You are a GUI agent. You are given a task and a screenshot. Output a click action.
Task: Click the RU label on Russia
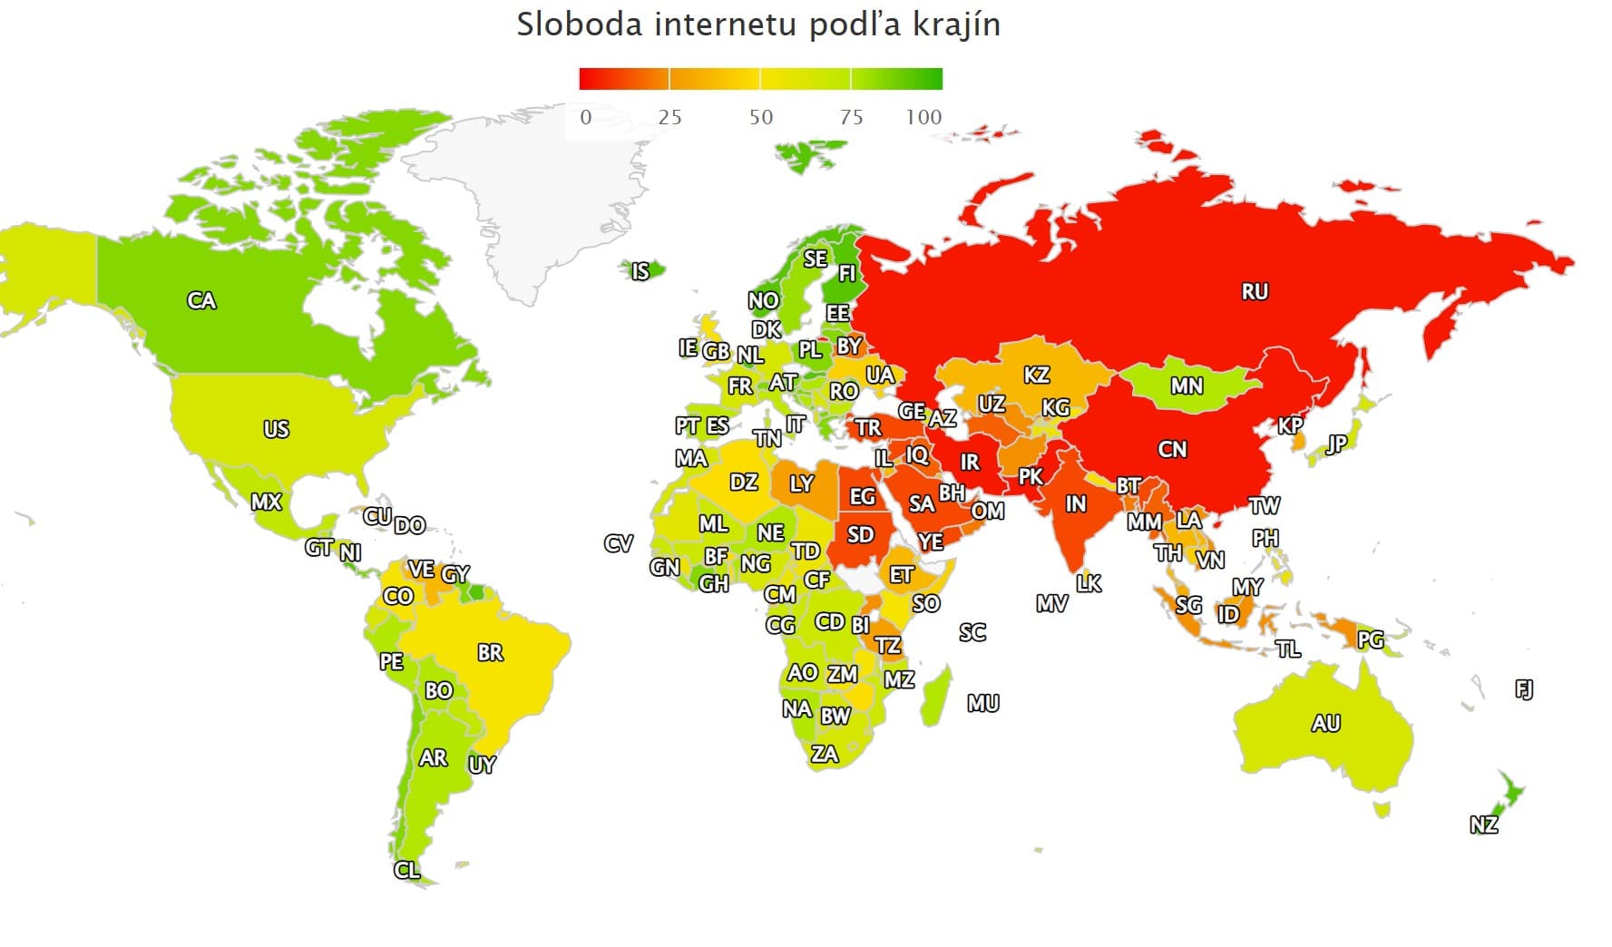pos(1255,291)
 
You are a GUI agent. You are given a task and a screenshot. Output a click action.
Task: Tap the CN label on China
pos(1172,449)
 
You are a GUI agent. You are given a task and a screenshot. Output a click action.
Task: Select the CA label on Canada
pos(201,300)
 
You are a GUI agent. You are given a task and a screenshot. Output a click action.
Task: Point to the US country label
pos(276,428)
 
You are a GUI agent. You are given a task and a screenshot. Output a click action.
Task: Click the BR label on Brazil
pos(490,652)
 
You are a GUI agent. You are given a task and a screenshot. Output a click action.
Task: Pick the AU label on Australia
pos(1325,723)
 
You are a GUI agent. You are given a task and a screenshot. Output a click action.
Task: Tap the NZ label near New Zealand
pos(1483,825)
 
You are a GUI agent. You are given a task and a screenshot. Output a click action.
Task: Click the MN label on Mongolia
pos(1187,386)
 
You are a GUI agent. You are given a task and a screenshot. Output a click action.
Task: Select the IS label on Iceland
pos(640,271)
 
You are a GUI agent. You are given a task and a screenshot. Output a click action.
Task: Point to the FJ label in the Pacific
pos(1524,689)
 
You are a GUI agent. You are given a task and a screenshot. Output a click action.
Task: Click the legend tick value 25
pos(669,117)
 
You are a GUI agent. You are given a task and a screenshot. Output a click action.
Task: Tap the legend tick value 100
pos(923,117)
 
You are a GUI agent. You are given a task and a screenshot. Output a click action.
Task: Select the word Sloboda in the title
pos(579,24)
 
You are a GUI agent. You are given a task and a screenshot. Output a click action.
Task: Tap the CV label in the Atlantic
pos(618,543)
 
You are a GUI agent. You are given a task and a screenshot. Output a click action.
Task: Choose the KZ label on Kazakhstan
pos(1036,375)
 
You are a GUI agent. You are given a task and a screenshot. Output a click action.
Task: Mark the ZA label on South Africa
pos(824,754)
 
